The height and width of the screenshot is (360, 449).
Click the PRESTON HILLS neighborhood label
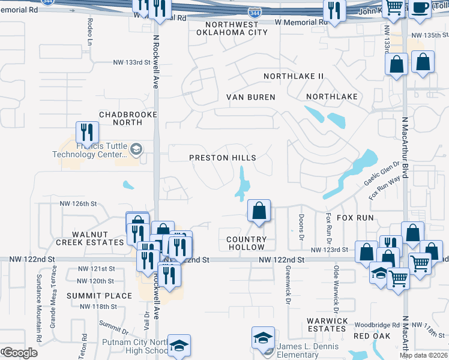(223, 158)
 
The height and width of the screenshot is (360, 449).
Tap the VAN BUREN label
(250, 97)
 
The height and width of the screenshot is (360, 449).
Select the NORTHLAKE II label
(294, 76)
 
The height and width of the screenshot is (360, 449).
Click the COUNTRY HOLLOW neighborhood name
(246, 243)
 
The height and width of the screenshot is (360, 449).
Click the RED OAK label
(369, 336)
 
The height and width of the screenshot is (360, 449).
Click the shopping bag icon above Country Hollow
(259, 211)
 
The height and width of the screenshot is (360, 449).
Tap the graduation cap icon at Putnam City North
(179, 346)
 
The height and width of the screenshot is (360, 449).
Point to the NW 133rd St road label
(131, 62)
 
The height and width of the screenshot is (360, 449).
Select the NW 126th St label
(78, 203)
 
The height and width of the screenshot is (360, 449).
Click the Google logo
(19, 353)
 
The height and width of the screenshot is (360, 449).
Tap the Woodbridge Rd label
(377, 325)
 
